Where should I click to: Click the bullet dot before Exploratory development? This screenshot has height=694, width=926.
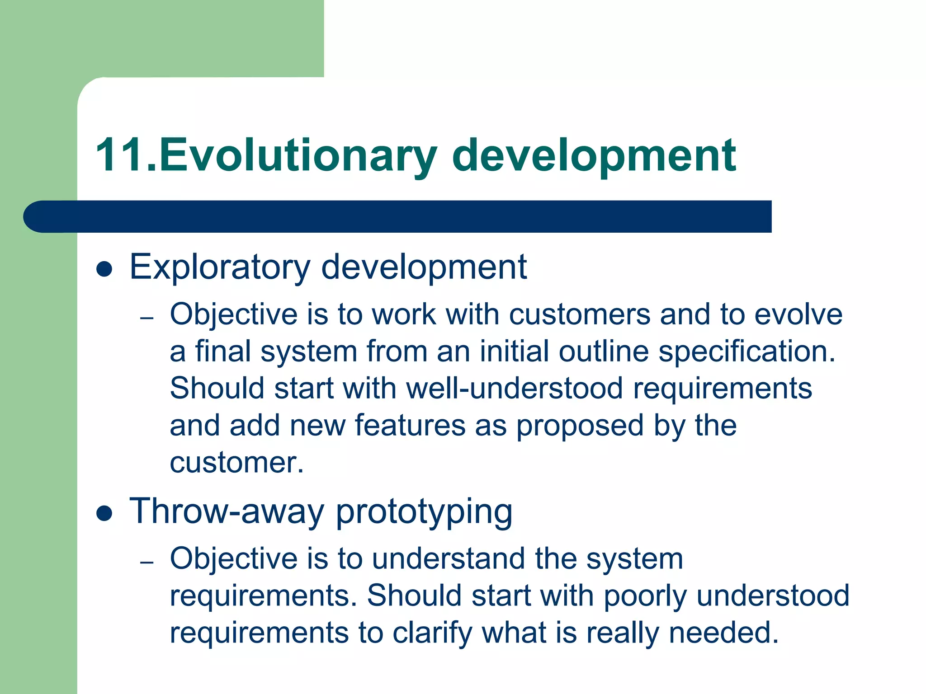pos(104,269)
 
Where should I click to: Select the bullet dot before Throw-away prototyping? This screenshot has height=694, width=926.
pos(104,514)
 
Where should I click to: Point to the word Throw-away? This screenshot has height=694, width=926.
pos(227,511)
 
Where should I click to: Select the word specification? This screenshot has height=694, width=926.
pos(746,352)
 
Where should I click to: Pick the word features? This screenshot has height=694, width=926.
pos(410,426)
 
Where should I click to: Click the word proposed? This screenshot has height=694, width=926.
pos(580,427)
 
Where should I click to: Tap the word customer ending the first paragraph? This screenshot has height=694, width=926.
pos(236,463)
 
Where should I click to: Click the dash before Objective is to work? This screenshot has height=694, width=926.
pos(147,318)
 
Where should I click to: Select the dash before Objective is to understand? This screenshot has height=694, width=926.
pos(147,563)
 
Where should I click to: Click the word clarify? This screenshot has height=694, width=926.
pos(432,633)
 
